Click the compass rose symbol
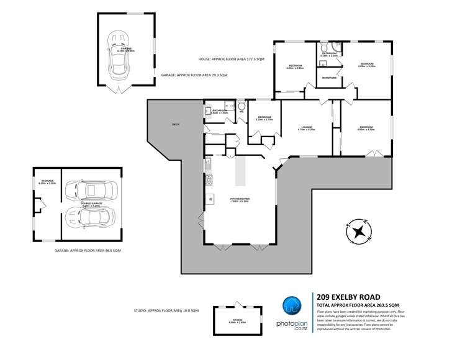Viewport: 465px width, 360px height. [358, 232]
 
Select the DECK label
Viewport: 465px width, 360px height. [176, 125]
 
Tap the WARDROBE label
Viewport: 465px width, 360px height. [328, 78]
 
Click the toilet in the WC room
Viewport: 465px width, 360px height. [241, 106]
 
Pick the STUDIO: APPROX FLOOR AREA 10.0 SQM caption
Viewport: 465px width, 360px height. [166, 310]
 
